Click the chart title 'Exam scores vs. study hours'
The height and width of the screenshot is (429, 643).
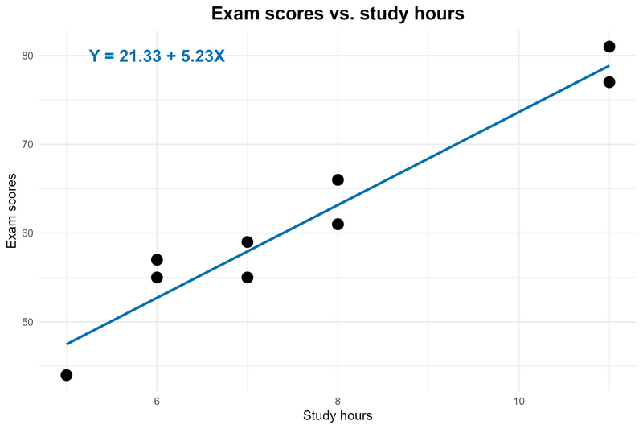coord(338,14)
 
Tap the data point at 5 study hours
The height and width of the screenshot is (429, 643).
coord(67,375)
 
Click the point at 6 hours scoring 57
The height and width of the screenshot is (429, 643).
coord(157,260)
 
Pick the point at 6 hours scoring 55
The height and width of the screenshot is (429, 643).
coord(157,278)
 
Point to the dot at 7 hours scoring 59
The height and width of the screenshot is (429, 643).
coord(248,242)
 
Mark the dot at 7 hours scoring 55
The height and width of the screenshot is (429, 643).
coord(248,278)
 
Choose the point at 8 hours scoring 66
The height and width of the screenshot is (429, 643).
coord(338,179)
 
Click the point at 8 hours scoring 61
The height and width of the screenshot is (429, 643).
coord(338,224)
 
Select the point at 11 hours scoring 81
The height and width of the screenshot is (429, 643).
coord(609,47)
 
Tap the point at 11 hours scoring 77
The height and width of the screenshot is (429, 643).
coord(609,82)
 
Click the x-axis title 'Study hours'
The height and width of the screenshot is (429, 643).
coord(338,416)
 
